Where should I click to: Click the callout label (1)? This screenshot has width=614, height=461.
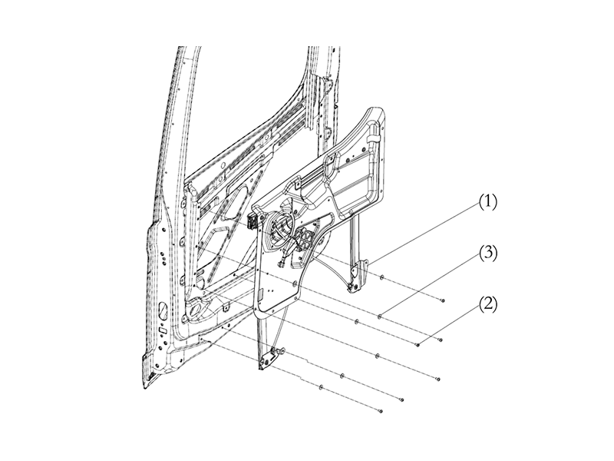(488, 203)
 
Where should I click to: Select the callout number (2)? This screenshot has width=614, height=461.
(488, 303)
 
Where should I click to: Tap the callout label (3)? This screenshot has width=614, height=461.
(488, 253)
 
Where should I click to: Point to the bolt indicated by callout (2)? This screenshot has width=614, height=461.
(417, 345)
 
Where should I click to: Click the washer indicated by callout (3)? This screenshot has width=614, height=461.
(380, 315)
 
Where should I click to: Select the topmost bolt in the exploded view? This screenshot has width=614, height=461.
(443, 300)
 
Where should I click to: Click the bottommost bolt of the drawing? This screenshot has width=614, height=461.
(380, 413)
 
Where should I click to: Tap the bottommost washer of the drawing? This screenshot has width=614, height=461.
(321, 387)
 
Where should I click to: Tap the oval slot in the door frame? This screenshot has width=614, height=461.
(163, 312)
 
